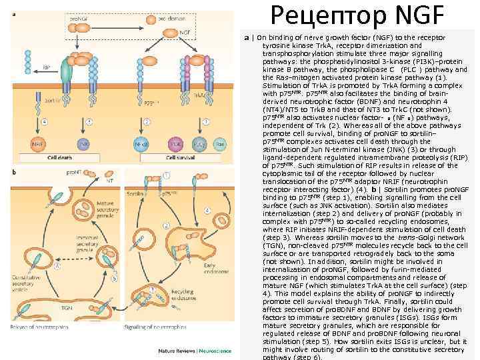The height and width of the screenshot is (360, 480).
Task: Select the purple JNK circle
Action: point(83,143)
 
